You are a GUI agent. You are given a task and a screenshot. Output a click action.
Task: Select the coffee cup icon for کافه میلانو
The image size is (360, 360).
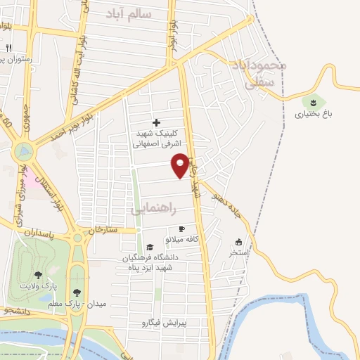[181, 229]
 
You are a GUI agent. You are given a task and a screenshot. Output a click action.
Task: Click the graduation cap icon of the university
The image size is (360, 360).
[150, 247]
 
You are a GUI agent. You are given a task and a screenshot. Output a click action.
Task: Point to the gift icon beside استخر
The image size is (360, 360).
[238, 241]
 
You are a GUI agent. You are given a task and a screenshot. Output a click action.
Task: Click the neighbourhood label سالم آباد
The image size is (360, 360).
[134, 13]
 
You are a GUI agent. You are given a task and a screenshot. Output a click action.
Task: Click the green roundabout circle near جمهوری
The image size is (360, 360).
[24, 150]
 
